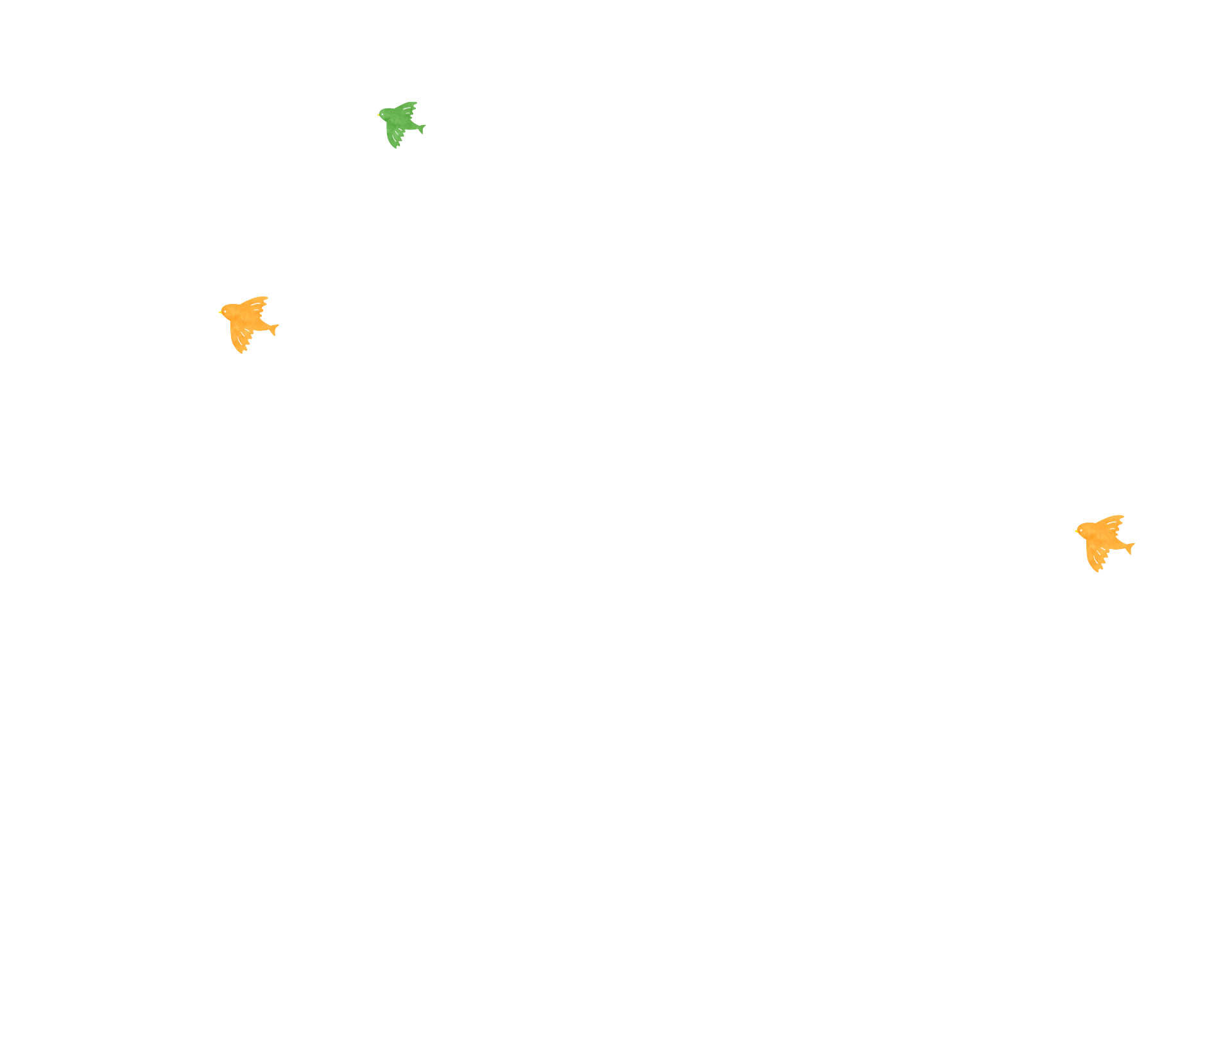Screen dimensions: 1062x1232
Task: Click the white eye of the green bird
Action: pyautogui.click(x=383, y=114)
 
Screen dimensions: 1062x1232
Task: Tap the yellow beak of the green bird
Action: pyautogui.click(x=378, y=115)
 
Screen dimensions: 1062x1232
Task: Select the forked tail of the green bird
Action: pyautogui.click(x=421, y=128)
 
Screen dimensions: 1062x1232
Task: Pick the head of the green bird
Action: pyautogui.click(x=385, y=115)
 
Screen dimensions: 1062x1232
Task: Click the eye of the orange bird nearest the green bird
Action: pyautogui.click(x=225, y=312)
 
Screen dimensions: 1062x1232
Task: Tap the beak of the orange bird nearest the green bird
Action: pyautogui.click(x=220, y=314)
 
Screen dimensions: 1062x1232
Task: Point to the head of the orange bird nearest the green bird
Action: pyautogui.click(x=228, y=313)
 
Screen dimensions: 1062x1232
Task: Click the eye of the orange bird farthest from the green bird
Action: pyautogui.click(x=1081, y=530)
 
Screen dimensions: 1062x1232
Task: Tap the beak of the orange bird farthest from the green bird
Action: pyautogui.click(x=1076, y=532)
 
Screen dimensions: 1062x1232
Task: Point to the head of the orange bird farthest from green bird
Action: pyautogui.click(x=1084, y=532)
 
